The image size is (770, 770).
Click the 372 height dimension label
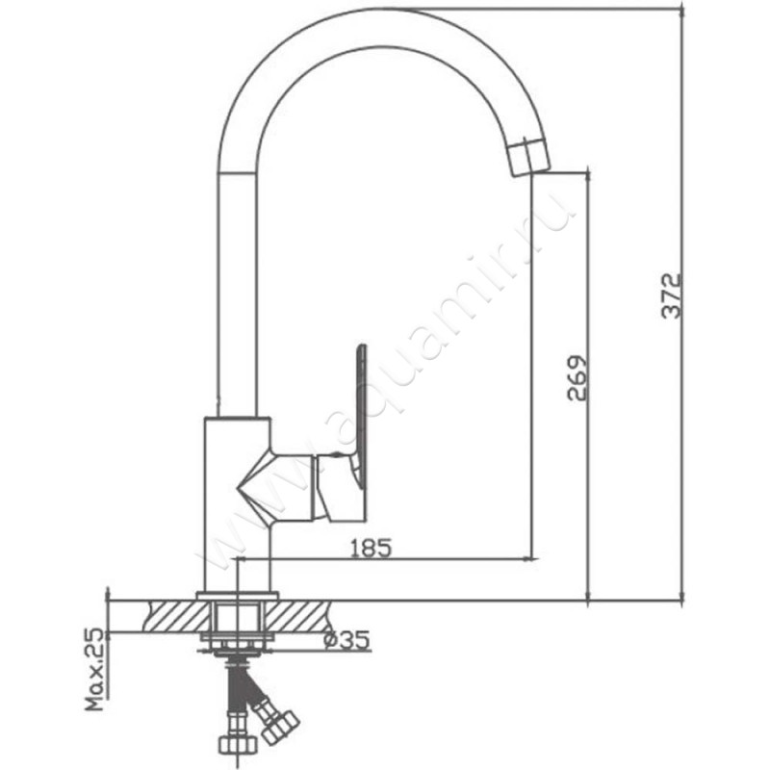(x=671, y=295)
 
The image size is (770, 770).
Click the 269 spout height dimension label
(x=577, y=378)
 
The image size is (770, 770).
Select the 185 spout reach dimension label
(x=372, y=548)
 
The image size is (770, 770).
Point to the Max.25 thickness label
(x=94, y=670)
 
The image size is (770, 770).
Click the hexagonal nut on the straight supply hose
(x=238, y=745)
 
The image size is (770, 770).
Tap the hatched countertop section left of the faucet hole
(x=178, y=616)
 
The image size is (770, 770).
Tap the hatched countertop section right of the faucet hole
(x=295, y=616)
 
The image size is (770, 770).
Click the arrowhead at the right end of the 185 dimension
(x=531, y=558)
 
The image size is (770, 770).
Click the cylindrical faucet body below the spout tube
(x=237, y=504)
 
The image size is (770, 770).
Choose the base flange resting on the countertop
(x=237, y=596)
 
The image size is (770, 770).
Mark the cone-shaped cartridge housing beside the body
(x=275, y=485)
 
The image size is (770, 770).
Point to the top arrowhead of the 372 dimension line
(x=682, y=11)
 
